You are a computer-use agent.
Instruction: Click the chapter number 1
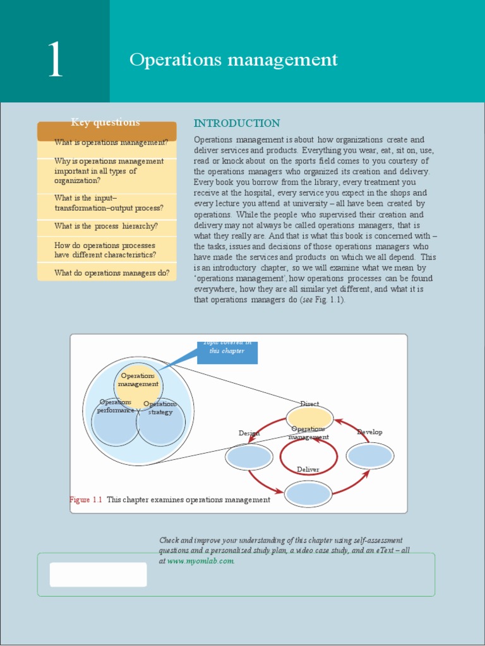(55, 61)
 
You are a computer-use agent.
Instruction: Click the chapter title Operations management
(233, 60)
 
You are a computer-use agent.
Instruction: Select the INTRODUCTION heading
(236, 123)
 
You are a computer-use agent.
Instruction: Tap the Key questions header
(106, 123)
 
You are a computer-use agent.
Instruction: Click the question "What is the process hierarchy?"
(106, 226)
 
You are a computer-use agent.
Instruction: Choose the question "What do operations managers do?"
(112, 273)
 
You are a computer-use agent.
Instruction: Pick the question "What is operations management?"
(111, 143)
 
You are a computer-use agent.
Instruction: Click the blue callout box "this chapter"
(227, 352)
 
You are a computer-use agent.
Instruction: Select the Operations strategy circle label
(160, 408)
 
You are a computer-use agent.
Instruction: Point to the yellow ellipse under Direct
(309, 418)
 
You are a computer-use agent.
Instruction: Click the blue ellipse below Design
(249, 457)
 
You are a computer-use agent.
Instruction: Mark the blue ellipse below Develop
(370, 455)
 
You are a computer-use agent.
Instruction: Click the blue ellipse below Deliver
(308, 493)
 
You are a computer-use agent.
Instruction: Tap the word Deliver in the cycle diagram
(308, 469)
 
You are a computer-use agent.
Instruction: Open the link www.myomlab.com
(201, 561)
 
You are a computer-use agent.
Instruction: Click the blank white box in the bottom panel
(98, 574)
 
